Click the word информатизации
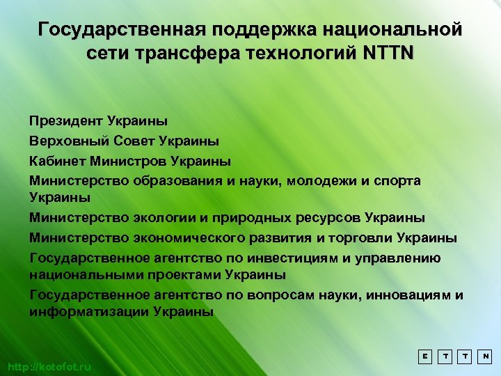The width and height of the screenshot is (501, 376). point(87,312)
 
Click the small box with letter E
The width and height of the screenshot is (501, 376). point(424,356)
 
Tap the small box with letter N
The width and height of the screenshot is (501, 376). point(486,356)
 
